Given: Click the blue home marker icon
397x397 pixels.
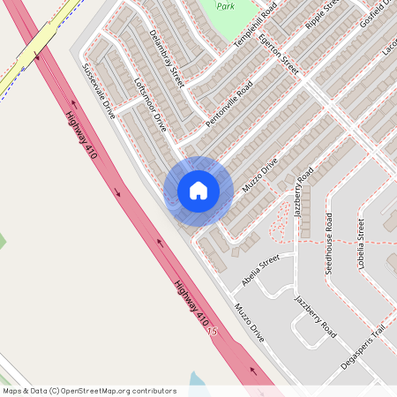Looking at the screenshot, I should click(198, 191).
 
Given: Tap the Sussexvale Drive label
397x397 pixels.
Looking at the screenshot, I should click(99, 92).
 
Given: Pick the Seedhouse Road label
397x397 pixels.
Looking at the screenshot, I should click(328, 243).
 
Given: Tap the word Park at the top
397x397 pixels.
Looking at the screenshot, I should click(226, 6).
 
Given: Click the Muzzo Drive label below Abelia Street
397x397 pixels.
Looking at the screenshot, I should click(250, 322).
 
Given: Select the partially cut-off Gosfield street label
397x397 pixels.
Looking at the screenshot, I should click(374, 21).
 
